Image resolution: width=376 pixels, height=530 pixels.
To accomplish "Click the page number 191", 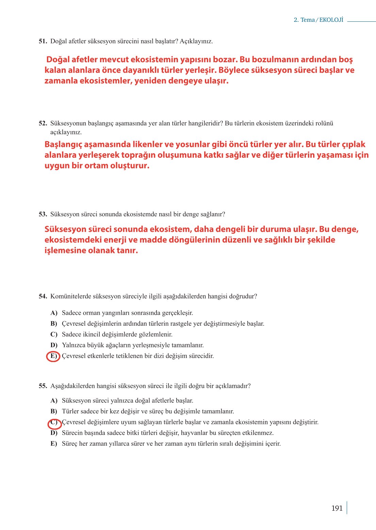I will [x=337, y=508].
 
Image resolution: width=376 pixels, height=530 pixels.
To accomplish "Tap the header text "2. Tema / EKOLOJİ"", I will [x=318, y=20].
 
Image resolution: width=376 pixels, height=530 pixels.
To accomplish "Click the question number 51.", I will [x=43, y=41].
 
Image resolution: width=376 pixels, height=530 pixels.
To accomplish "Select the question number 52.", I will [x=43, y=123].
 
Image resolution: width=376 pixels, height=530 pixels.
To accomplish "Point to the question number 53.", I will [x=43, y=215].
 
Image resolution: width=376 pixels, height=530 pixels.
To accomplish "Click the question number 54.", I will [x=43, y=296].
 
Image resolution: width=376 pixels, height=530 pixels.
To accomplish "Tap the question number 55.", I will [x=43, y=386].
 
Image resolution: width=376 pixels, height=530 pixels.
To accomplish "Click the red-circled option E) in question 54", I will [x=53, y=356].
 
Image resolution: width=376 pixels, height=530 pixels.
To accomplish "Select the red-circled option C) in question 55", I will [x=54, y=423].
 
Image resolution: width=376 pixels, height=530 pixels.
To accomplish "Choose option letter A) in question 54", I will [x=54, y=313].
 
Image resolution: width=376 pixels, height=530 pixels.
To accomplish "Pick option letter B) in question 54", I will [x=54, y=324].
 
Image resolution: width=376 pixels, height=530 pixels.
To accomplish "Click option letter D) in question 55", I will [x=54, y=433].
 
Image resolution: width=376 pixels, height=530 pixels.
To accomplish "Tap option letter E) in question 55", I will [x=54, y=444].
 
